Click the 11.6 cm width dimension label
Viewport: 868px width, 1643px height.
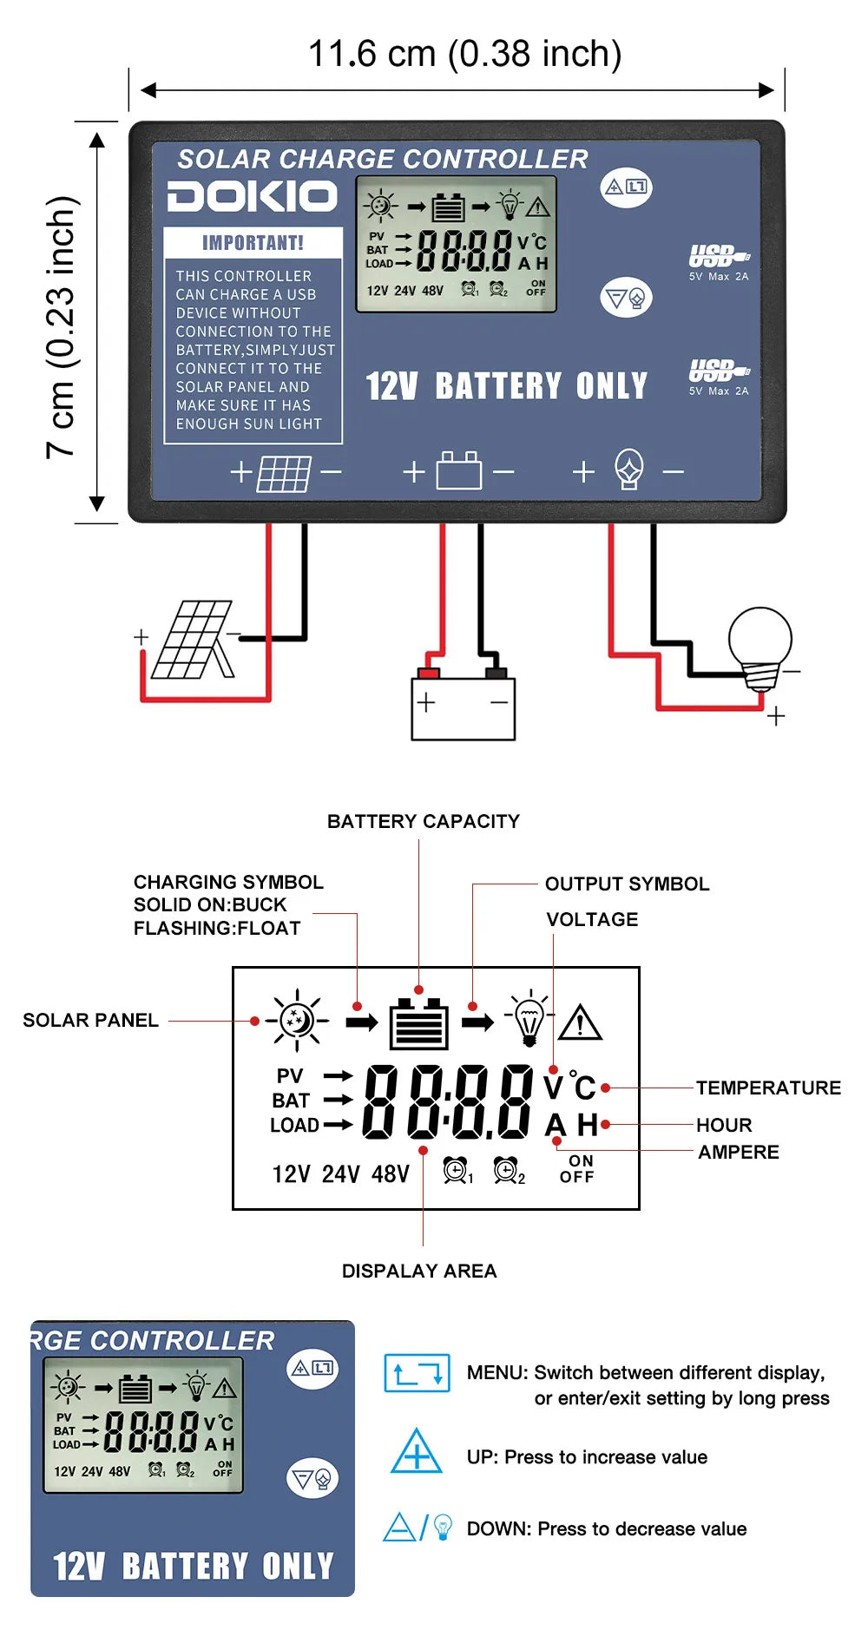[465, 54]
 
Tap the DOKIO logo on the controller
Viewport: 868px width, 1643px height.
[253, 197]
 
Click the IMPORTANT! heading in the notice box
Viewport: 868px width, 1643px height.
[253, 243]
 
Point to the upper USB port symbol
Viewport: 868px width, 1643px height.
[719, 256]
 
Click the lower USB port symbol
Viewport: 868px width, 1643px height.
[719, 371]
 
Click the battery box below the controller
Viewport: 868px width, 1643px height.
[463, 707]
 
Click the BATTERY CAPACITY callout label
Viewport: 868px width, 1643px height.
[423, 821]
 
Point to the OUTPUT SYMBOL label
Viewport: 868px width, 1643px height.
[627, 884]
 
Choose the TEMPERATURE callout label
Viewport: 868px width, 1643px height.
[768, 1088]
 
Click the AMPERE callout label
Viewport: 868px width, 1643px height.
[738, 1152]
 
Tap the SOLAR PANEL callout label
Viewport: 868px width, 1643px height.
[90, 1020]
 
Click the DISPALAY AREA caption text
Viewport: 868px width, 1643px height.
[419, 1271]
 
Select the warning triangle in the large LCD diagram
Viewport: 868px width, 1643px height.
[580, 1022]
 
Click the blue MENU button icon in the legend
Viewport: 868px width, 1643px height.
[417, 1372]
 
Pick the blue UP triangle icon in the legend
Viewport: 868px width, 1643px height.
[417, 1452]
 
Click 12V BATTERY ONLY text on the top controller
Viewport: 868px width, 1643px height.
[506, 386]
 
